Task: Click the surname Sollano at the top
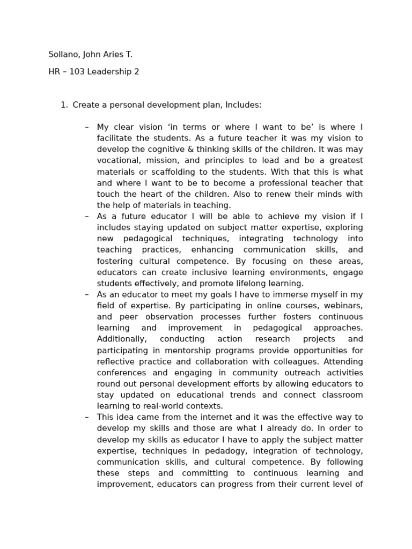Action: click(x=63, y=54)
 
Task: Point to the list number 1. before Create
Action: click(x=64, y=105)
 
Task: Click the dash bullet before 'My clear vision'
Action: click(x=87, y=127)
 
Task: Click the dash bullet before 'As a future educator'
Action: click(x=87, y=217)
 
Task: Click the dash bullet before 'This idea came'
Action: click(x=87, y=417)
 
